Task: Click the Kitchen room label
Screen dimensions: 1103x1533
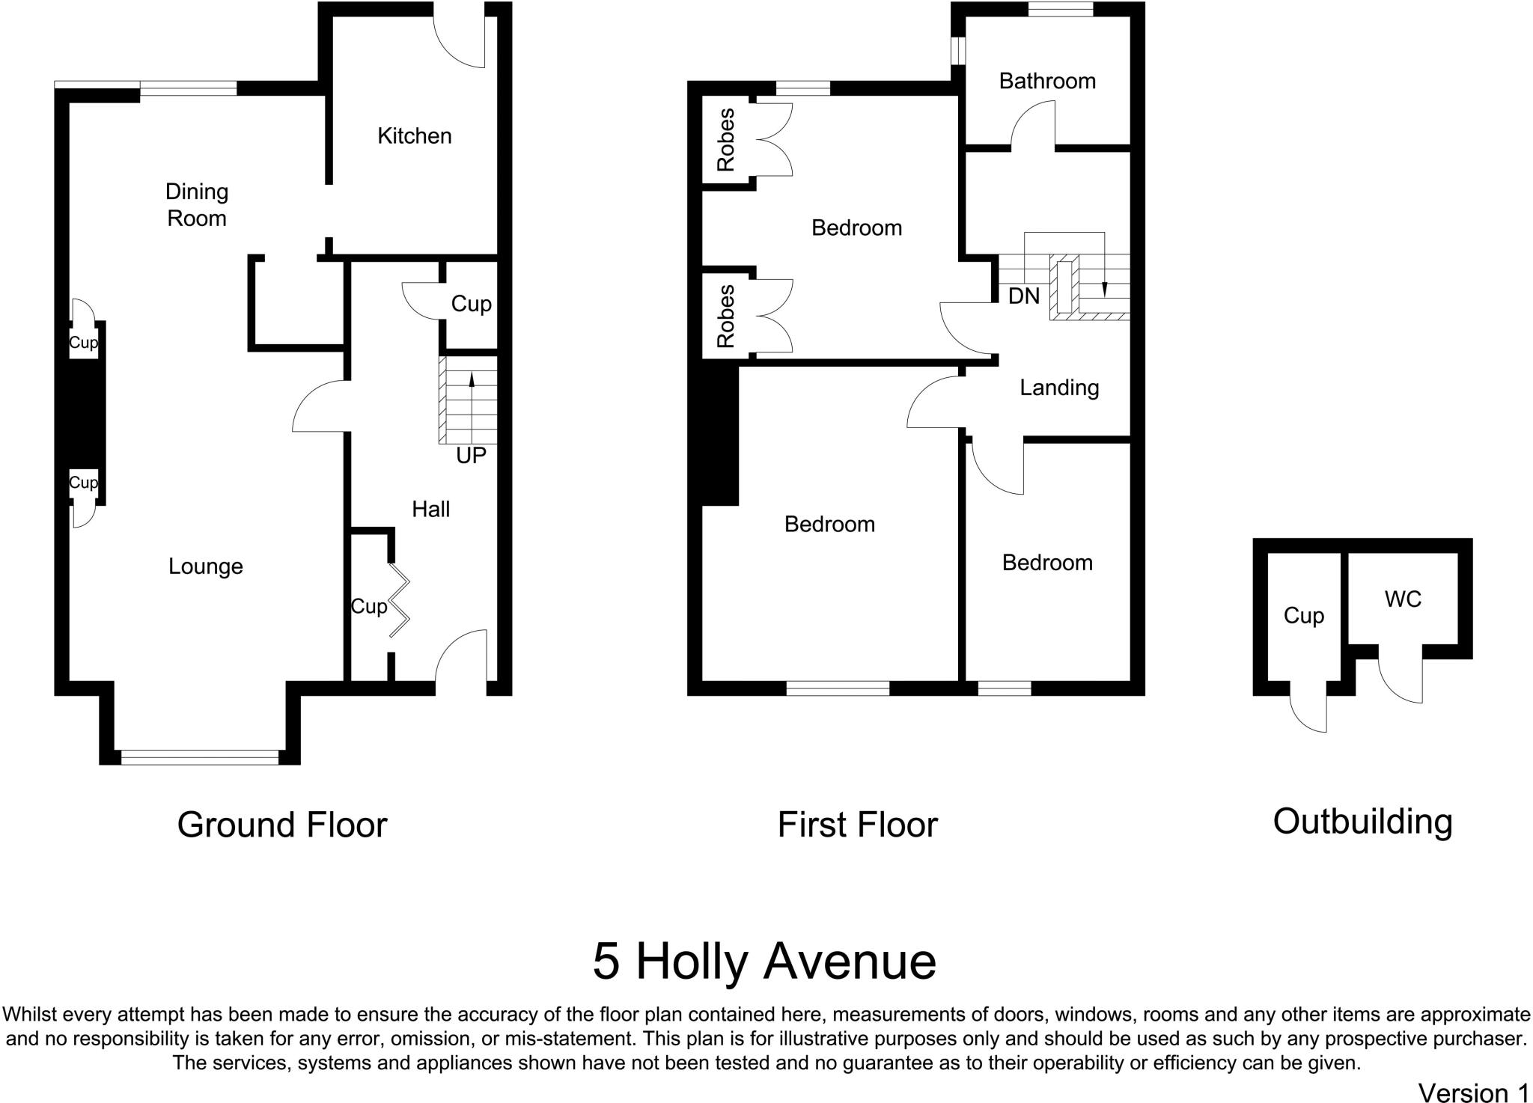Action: pyautogui.click(x=414, y=135)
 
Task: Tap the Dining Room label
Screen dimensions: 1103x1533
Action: pyautogui.click(x=196, y=204)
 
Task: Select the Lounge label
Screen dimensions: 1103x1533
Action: pyautogui.click(x=205, y=566)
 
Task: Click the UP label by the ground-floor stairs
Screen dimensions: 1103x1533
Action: pyautogui.click(x=471, y=455)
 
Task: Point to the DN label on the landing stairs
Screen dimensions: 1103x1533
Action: pyautogui.click(x=1023, y=296)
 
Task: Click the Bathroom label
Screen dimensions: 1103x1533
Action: pyautogui.click(x=1046, y=81)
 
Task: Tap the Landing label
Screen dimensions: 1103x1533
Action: pyautogui.click(x=1058, y=387)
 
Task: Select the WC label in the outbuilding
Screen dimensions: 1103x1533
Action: pyautogui.click(x=1402, y=599)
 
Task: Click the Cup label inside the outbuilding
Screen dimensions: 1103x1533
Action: pyautogui.click(x=1303, y=615)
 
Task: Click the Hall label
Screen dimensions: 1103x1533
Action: pyautogui.click(x=430, y=510)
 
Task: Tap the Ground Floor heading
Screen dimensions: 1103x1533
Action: pyautogui.click(x=282, y=825)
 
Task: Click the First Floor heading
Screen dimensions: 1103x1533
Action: pyautogui.click(x=857, y=825)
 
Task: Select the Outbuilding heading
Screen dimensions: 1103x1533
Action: pyautogui.click(x=1362, y=821)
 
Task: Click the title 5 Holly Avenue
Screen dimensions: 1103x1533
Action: pyautogui.click(x=764, y=962)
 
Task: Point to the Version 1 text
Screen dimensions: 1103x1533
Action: pyautogui.click(x=1472, y=1092)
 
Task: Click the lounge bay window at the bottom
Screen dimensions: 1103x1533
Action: pyautogui.click(x=199, y=757)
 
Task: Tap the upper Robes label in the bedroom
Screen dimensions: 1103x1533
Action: pyautogui.click(x=725, y=140)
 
